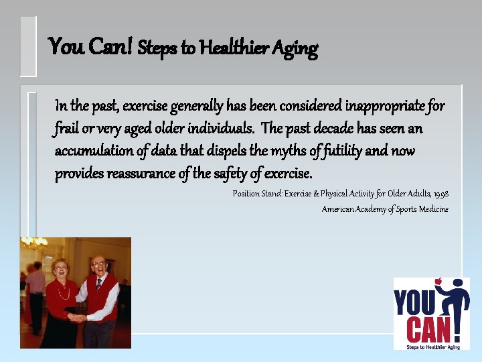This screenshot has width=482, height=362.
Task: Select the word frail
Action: point(69,128)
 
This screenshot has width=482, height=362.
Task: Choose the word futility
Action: point(341,151)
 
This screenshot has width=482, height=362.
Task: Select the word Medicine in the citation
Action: point(433,209)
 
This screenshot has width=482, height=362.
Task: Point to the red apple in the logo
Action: point(438,282)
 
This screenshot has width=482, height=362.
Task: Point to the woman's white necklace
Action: point(62,292)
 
